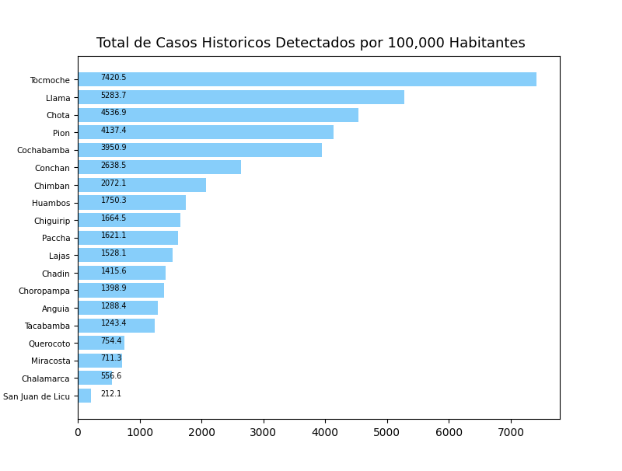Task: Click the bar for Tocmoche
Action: tap(307, 79)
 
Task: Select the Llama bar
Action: tap(241, 97)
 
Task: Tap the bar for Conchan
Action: tap(159, 167)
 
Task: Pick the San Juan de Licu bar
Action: tap(84, 396)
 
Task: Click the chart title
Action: tap(310, 44)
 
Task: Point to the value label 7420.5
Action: tap(114, 78)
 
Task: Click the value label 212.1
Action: tap(111, 394)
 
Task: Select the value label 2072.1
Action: tap(114, 183)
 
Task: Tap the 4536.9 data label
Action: tap(114, 113)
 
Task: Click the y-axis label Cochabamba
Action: tap(44, 150)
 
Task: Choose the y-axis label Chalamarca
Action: tap(46, 379)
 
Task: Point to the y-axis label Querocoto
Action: tap(49, 344)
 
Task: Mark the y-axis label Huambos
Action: tap(51, 203)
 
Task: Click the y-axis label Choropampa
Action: tap(44, 291)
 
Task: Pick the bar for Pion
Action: tap(205, 132)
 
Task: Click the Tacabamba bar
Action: tap(117, 326)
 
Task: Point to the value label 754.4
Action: tap(111, 341)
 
